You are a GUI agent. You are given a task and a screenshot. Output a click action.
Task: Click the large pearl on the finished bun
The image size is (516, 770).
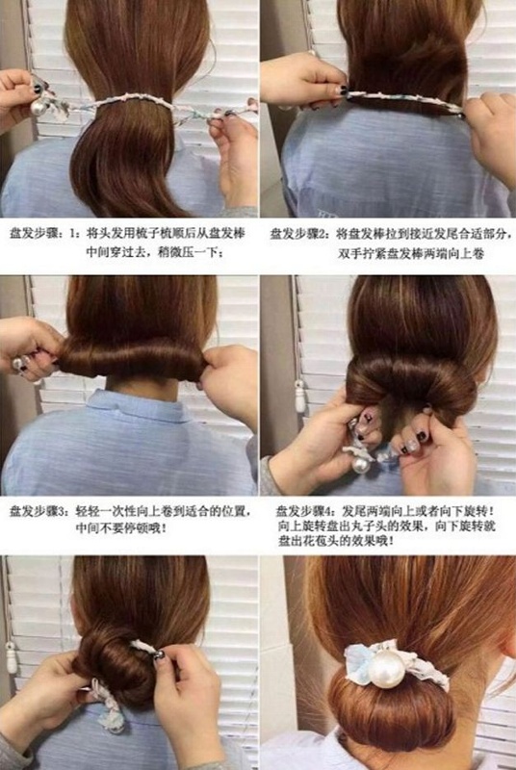(387, 668)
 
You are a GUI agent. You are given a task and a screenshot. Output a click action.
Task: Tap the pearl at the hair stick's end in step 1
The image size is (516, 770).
(39, 107)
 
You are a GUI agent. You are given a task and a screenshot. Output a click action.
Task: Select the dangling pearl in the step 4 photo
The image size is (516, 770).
(360, 464)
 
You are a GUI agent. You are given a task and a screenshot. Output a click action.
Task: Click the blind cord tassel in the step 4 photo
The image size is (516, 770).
(299, 396)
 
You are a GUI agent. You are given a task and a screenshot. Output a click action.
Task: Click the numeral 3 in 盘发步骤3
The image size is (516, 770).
(62, 512)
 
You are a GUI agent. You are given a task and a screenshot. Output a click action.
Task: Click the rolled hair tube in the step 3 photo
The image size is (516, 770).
(133, 357)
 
